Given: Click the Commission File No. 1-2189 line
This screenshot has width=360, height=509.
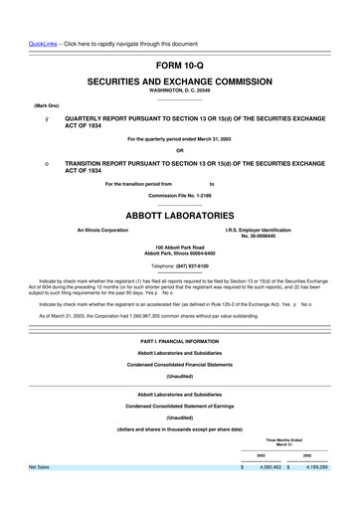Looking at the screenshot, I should click(179, 194).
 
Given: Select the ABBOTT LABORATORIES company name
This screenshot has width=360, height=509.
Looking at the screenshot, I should click(179, 213).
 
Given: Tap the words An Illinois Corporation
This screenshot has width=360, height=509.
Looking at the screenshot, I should click(102, 231).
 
